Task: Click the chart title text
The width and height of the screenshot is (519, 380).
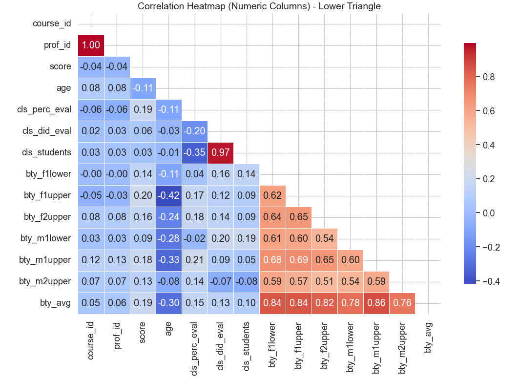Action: (x=259, y=6)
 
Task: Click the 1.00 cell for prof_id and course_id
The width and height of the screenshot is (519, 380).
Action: (x=91, y=45)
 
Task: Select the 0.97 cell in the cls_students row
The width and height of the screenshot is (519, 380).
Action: (x=221, y=153)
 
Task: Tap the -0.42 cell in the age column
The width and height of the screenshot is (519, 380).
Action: (x=169, y=196)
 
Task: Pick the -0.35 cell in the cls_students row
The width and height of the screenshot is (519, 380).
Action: (x=195, y=153)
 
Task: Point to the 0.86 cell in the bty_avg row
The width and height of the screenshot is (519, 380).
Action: (x=376, y=303)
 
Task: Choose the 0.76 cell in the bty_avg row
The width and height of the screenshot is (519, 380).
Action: (x=402, y=303)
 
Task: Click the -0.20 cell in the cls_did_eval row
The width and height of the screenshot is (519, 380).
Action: (x=195, y=131)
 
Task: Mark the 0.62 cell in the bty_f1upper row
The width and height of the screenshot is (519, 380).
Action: (x=272, y=196)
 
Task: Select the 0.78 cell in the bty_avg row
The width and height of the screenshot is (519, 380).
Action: (x=351, y=303)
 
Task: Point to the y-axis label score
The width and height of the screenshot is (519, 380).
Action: (x=60, y=66)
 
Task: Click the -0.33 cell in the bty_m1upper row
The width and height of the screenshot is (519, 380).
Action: (x=169, y=260)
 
